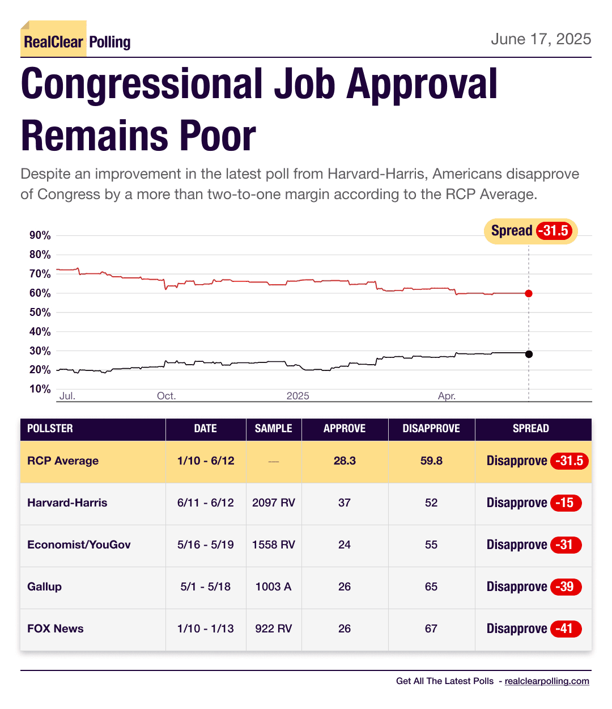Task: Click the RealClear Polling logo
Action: click(76, 41)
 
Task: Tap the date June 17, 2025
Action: click(541, 39)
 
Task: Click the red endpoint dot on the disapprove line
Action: click(529, 293)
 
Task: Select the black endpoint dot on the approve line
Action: click(529, 354)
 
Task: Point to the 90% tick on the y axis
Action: click(40, 235)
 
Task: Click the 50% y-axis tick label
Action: click(40, 313)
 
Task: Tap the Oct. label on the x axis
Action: click(166, 396)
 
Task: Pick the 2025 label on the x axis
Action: click(297, 396)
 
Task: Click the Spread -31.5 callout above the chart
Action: click(530, 231)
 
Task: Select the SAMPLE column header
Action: click(274, 429)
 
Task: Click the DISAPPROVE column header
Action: click(431, 429)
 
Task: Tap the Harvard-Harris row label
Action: click(67, 503)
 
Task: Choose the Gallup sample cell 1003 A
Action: click(274, 586)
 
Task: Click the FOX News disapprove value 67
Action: click(431, 628)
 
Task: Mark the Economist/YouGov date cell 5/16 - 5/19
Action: click(206, 545)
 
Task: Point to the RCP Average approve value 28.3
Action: click(345, 461)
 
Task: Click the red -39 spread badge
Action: click(566, 586)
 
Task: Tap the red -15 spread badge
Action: click(566, 503)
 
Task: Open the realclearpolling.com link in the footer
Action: click(547, 681)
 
